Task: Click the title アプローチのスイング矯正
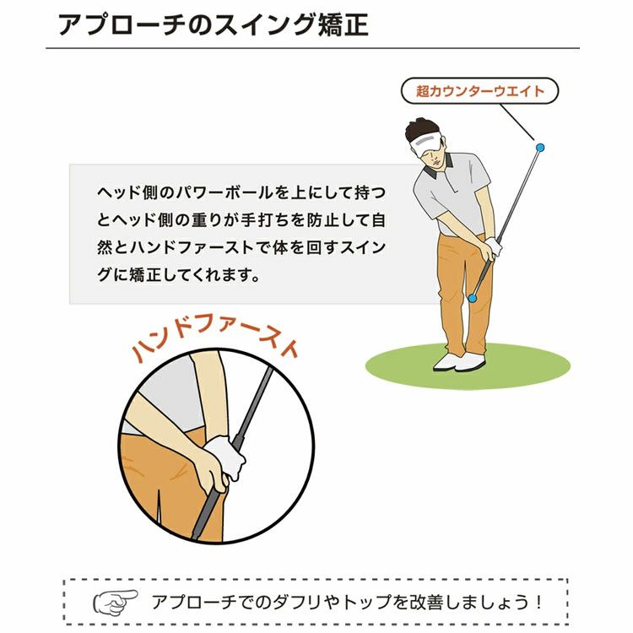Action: coord(214,25)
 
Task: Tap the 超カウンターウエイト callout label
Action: coord(479,91)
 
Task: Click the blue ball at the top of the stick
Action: coord(540,148)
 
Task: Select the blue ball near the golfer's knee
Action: coord(472,298)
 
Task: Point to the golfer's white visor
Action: coord(425,143)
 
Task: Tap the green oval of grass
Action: coord(468,366)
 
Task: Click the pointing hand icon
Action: coord(115,603)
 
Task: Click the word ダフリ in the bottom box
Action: coord(298,602)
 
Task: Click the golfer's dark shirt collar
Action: coord(437,168)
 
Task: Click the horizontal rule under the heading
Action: coord(312,48)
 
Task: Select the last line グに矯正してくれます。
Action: coord(178,275)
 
